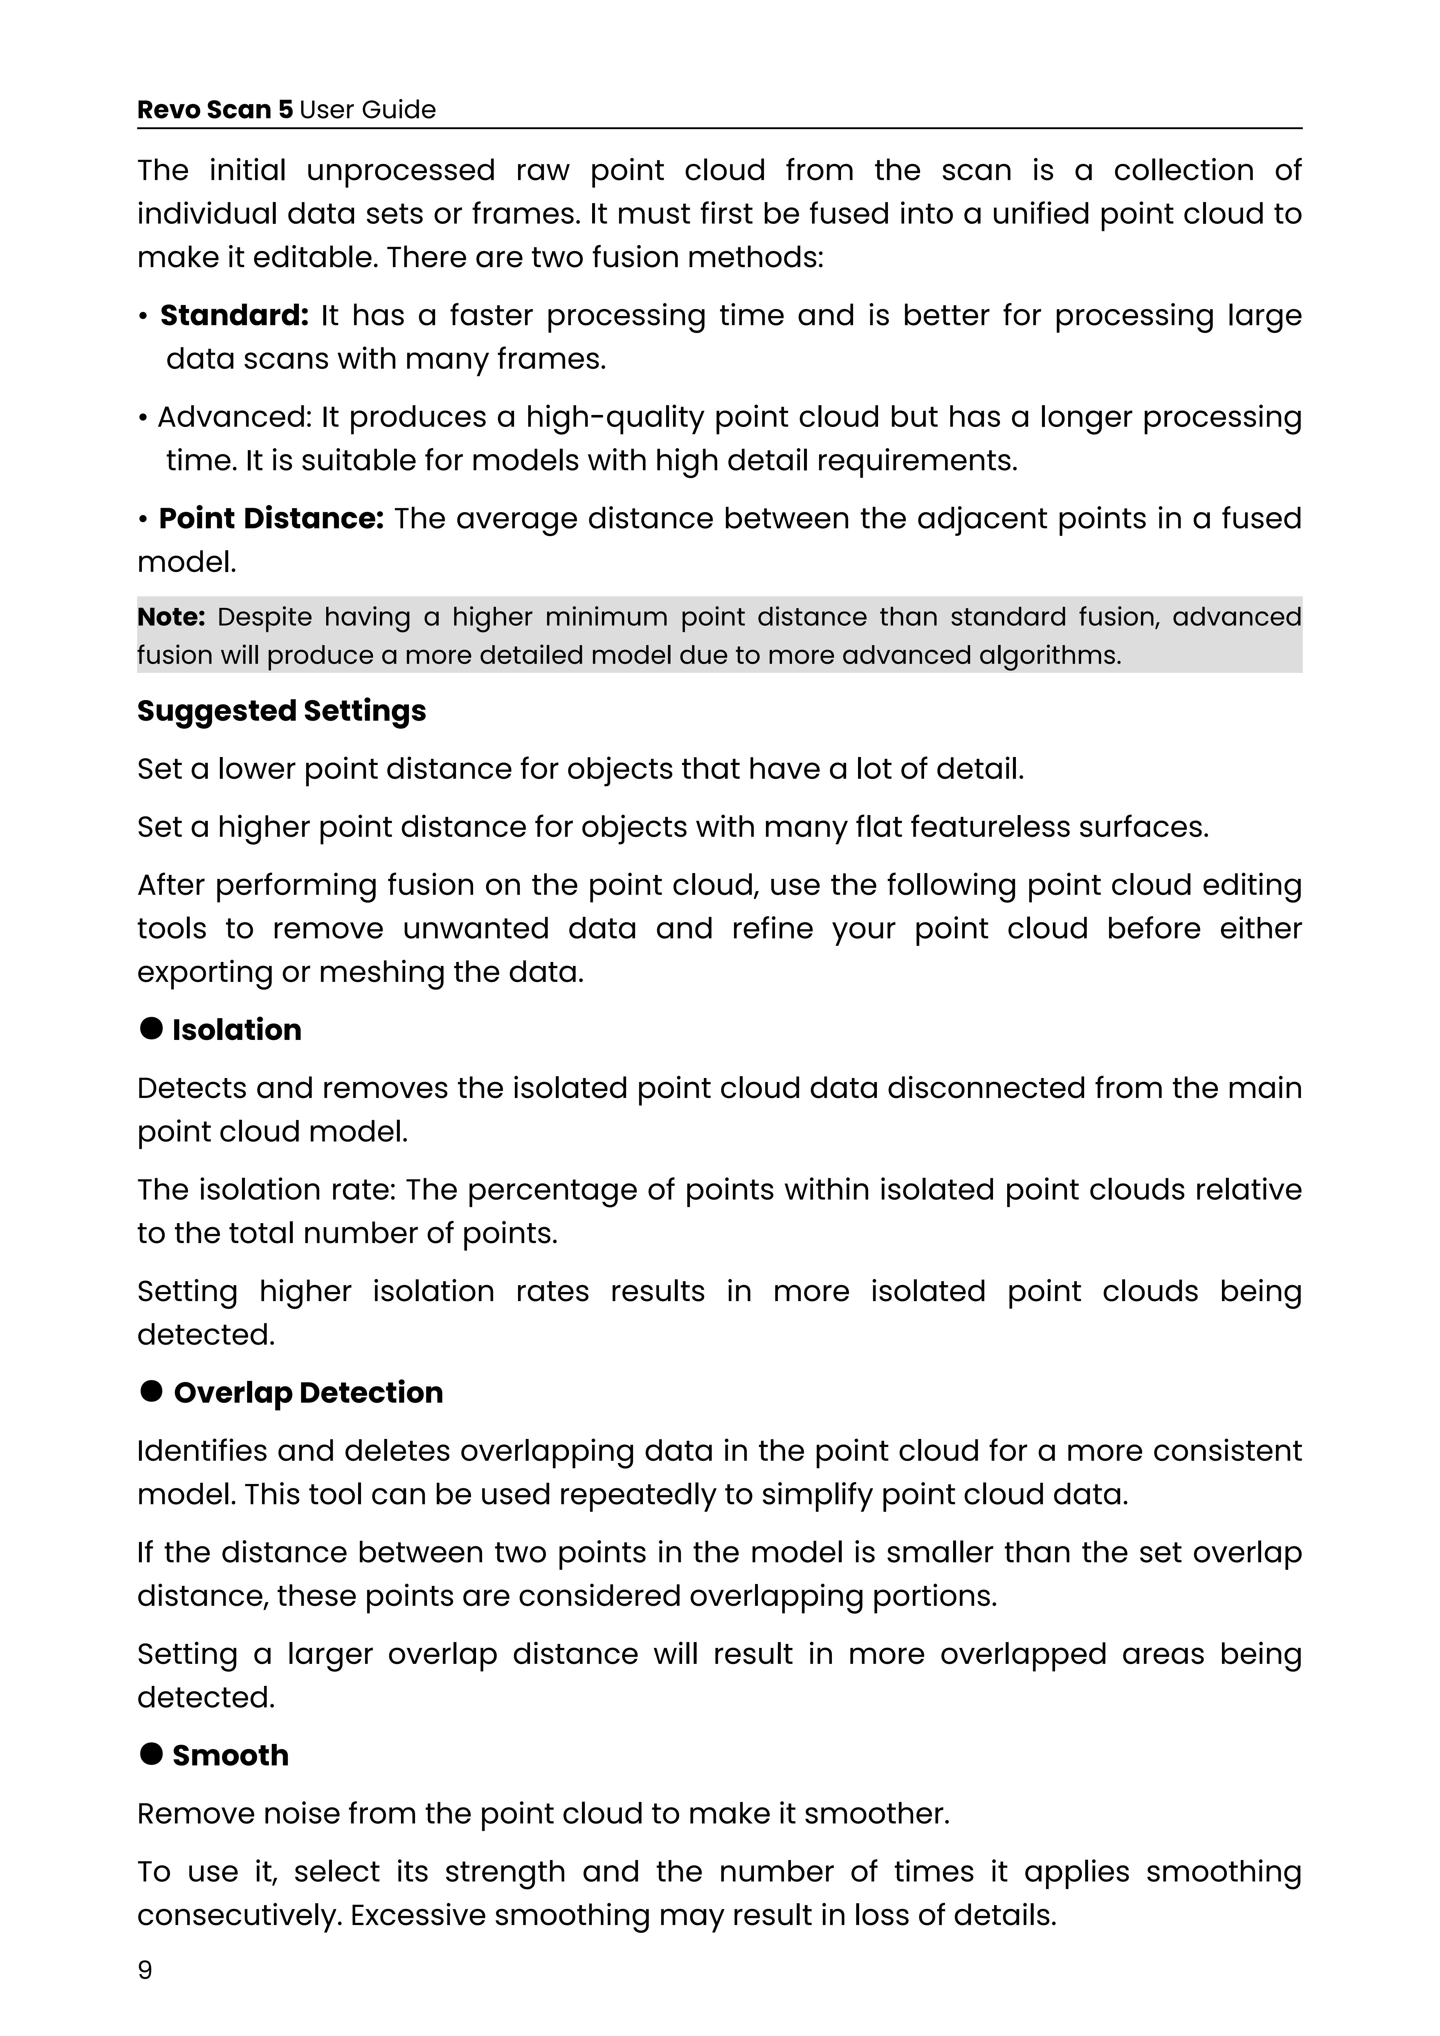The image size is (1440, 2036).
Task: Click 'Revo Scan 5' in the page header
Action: (x=214, y=110)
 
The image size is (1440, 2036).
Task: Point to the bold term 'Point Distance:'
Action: (x=270, y=519)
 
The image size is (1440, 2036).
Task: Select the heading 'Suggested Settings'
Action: (x=281, y=711)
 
